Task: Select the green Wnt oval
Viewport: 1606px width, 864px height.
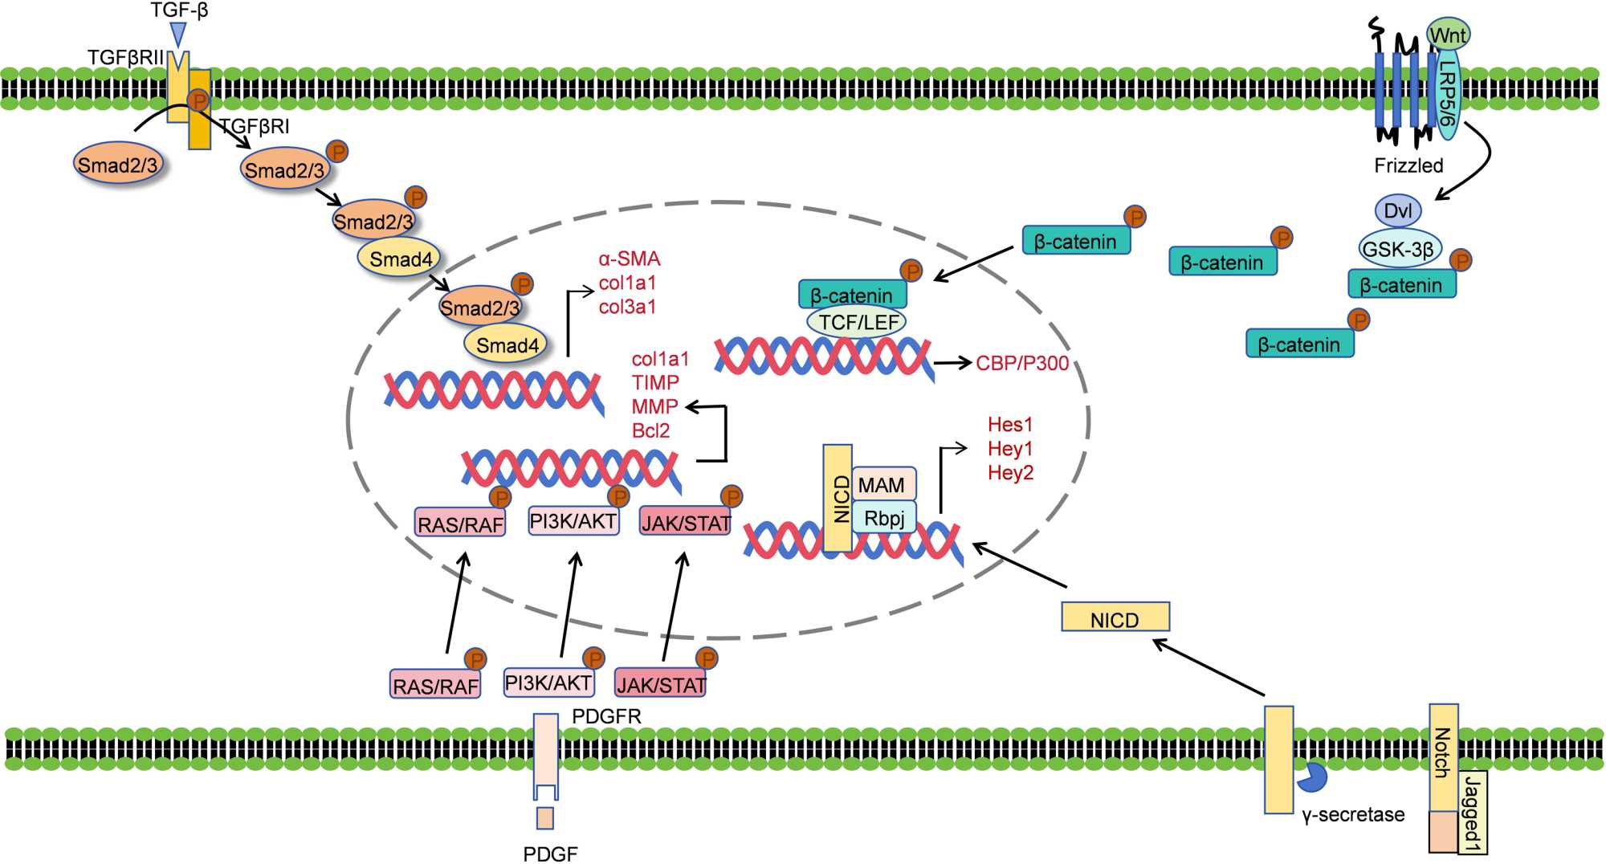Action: tap(1448, 35)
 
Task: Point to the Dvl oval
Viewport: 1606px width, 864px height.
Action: tap(1398, 211)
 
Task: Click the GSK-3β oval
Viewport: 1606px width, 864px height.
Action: tap(1399, 249)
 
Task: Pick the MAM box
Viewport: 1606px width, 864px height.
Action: tap(882, 485)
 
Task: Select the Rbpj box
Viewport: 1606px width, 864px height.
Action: tap(884, 518)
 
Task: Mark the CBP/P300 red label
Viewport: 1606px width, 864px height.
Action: tap(1022, 364)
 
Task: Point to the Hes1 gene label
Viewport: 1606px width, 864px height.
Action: tap(1009, 424)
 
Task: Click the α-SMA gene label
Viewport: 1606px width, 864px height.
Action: tap(630, 259)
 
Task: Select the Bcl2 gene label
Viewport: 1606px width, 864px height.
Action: tap(650, 430)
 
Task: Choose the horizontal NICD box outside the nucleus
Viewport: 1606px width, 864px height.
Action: tap(1115, 617)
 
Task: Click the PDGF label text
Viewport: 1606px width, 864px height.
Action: tap(550, 854)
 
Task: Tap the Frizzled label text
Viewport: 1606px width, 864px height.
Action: tap(1408, 165)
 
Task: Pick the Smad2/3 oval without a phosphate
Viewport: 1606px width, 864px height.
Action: tap(117, 165)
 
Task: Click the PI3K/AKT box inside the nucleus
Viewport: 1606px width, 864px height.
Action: tap(573, 521)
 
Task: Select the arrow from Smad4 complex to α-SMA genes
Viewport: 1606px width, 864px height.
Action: tap(569, 321)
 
